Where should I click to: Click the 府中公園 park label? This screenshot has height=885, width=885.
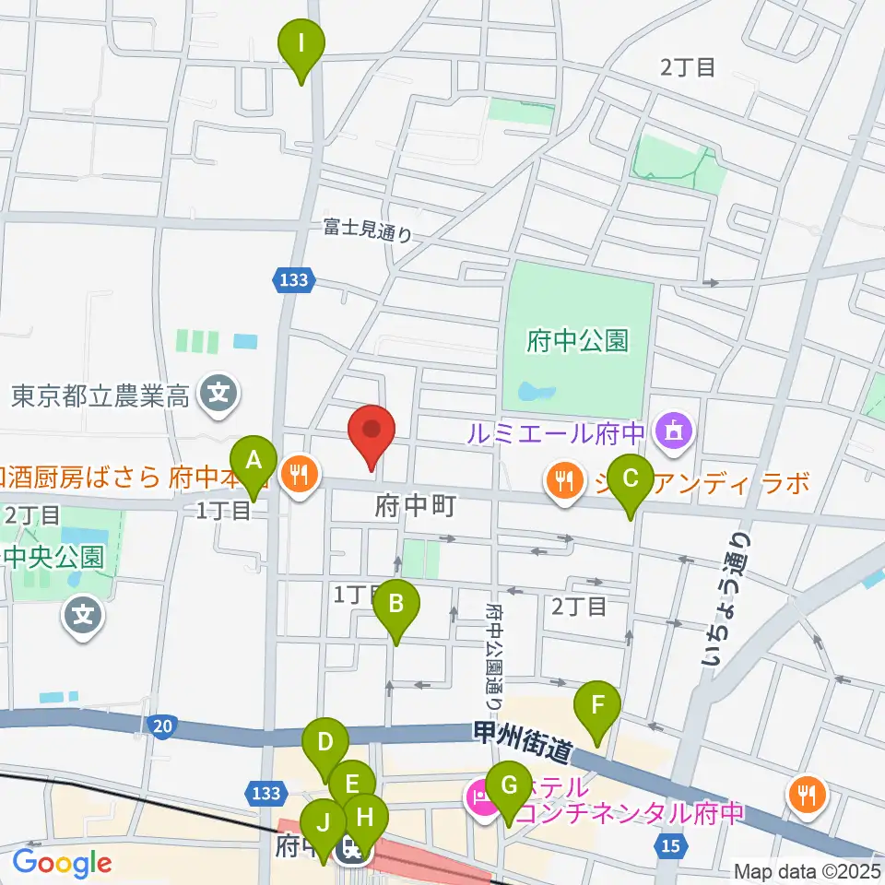coord(578,342)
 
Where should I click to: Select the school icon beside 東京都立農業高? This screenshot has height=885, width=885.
coord(218,396)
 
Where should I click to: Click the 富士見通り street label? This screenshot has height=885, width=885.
coord(367,229)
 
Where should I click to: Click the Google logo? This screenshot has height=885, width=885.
coord(62,863)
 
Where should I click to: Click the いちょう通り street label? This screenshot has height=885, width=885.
coord(724,599)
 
